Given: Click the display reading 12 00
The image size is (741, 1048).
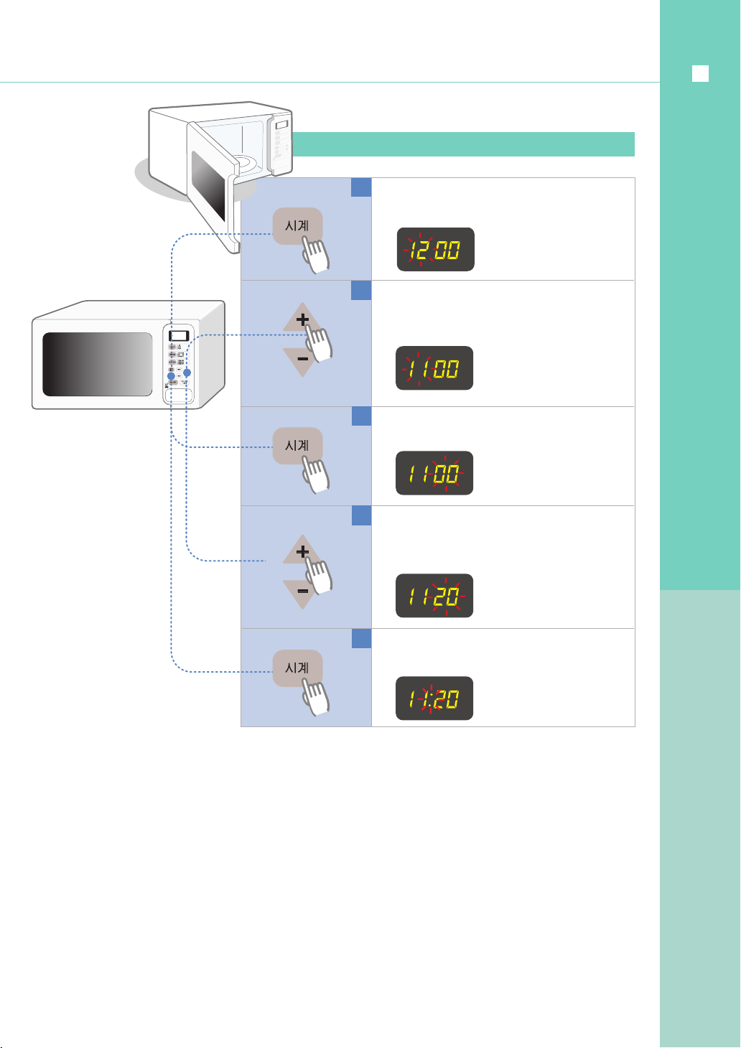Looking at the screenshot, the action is point(435,250).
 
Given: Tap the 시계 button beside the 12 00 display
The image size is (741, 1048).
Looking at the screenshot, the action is point(297,226).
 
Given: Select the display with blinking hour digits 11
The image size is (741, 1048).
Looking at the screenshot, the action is point(434,368).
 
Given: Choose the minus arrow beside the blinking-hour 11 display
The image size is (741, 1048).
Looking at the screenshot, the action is point(302,359).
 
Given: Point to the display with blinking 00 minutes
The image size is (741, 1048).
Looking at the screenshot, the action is point(434,473).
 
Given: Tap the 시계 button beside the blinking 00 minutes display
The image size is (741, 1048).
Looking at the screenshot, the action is point(297,446).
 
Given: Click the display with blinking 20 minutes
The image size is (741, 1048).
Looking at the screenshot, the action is point(434,596).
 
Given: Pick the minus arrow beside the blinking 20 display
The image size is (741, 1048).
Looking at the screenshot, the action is point(302,591).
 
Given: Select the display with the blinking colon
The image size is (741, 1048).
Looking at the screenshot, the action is point(434,698).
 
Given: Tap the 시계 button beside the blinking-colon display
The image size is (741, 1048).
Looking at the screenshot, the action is point(297,668).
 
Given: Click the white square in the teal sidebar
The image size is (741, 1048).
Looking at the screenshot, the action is point(700,74).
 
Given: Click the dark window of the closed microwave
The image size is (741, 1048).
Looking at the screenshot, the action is point(98,364).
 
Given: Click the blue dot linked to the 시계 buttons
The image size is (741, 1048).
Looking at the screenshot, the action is point(171,375).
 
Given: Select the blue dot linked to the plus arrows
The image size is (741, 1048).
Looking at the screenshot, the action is point(187,373).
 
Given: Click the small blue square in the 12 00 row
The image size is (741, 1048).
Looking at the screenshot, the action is point(361,187).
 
